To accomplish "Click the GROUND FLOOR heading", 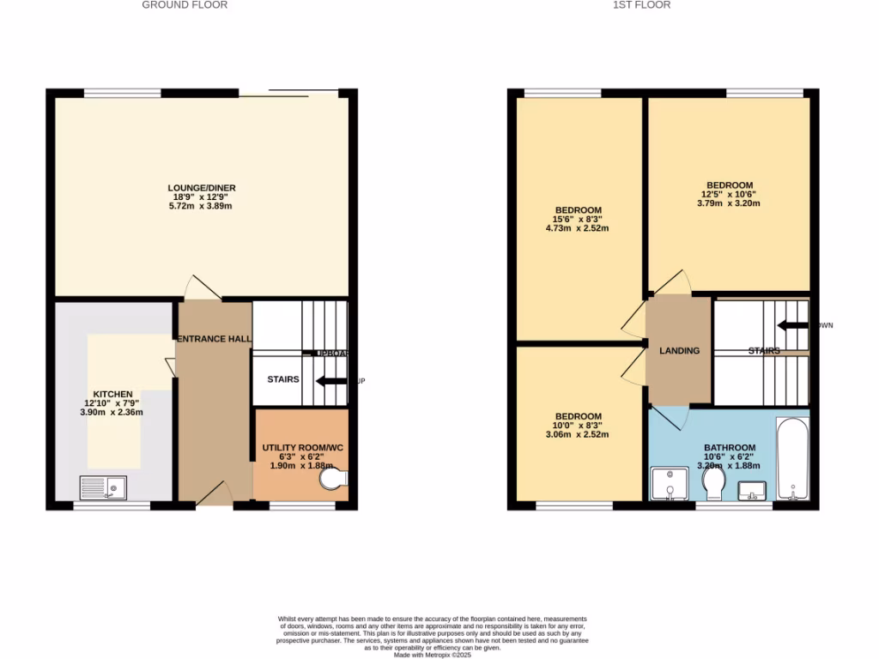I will tap(185, 5).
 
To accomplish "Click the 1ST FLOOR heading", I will tap(641, 5).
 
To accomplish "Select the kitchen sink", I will tap(103, 488).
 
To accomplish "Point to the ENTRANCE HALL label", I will tap(214, 339).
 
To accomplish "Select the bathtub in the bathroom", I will tap(792, 458).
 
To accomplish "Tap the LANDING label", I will tap(679, 350).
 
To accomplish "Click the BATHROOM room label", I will tap(730, 448).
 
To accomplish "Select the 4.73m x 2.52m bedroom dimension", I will tap(578, 229).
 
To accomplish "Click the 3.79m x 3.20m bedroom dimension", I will tap(729, 203).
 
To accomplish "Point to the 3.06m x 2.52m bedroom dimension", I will tap(578, 434).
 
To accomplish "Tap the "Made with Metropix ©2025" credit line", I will tap(433, 655).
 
